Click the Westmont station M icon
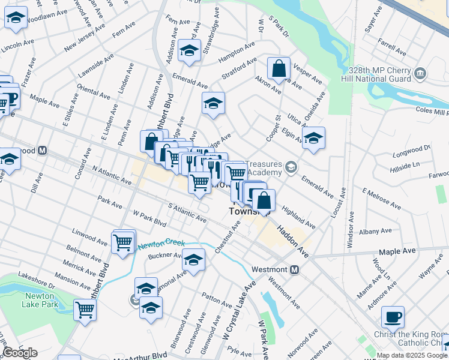point(295,270)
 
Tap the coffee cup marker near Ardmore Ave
point(393,316)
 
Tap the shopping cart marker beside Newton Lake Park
point(85,310)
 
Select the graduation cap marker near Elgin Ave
point(313,139)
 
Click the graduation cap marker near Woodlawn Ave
point(16,19)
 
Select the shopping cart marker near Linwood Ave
point(123,242)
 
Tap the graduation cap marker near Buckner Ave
point(193,260)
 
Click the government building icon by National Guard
point(420,74)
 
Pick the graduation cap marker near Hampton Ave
point(190,51)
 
